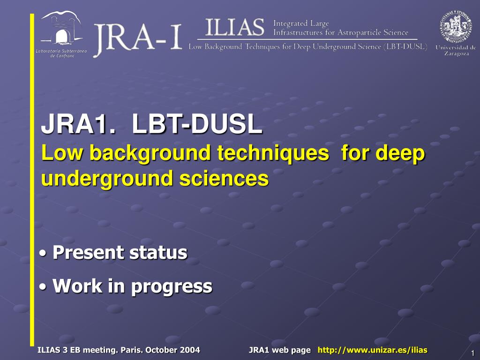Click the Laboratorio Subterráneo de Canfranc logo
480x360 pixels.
[61, 34]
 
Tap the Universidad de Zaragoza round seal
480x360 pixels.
[456, 27]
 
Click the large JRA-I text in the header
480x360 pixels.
[138, 38]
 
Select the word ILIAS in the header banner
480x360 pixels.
[234, 27]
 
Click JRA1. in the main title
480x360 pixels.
[78, 124]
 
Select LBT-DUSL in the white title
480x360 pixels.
[197, 124]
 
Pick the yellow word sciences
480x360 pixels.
[224, 179]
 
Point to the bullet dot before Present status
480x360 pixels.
[44, 254]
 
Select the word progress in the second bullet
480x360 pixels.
[172, 287]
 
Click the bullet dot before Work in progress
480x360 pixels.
[44, 287]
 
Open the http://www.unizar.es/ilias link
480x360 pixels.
[373, 350]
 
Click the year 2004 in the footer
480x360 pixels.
[190, 350]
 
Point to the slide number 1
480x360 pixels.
[472, 352]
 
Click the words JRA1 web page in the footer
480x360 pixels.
[280, 350]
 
